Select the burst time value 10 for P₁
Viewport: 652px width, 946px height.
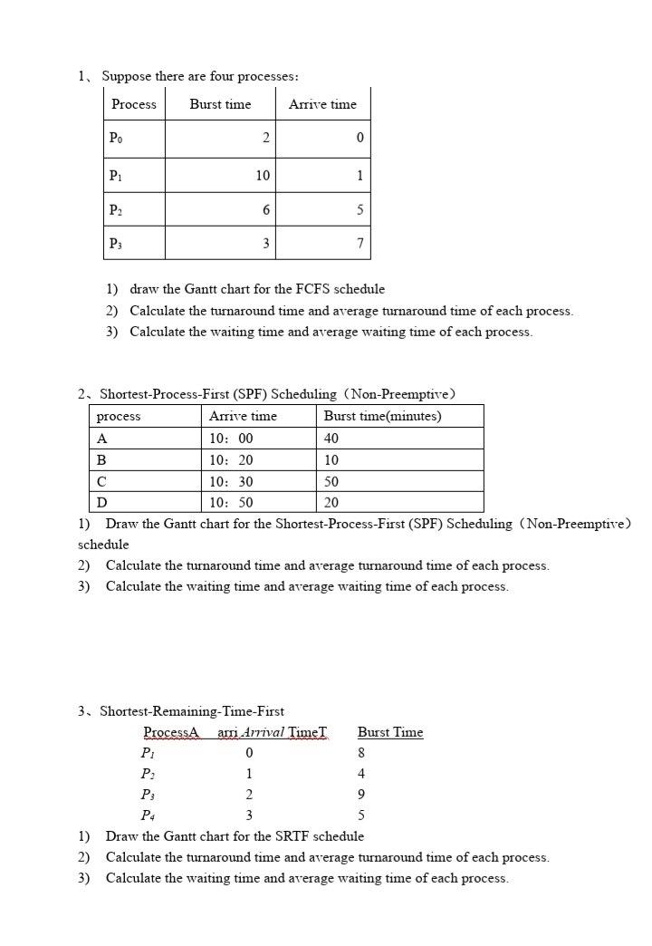coord(262,175)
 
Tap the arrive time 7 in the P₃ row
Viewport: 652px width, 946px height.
coord(360,243)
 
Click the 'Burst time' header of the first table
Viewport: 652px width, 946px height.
coord(220,104)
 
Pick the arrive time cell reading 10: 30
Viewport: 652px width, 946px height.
coord(231,482)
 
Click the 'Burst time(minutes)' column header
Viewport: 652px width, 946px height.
coord(382,416)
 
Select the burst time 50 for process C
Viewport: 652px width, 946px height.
coord(331,482)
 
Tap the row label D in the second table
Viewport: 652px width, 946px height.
coord(101,503)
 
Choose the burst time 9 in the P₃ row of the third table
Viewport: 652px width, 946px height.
coord(361,795)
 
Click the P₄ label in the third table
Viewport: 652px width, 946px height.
coord(148,816)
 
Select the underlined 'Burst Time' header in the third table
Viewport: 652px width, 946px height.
coord(390,732)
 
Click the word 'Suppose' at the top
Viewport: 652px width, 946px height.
coord(124,76)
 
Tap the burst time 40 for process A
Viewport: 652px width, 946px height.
coord(331,439)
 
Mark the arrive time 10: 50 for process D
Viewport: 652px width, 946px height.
coord(231,503)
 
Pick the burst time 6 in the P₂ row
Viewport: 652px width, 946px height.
coord(265,209)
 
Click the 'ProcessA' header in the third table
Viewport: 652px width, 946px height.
coord(170,732)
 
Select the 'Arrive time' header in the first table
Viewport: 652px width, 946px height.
coord(322,104)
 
